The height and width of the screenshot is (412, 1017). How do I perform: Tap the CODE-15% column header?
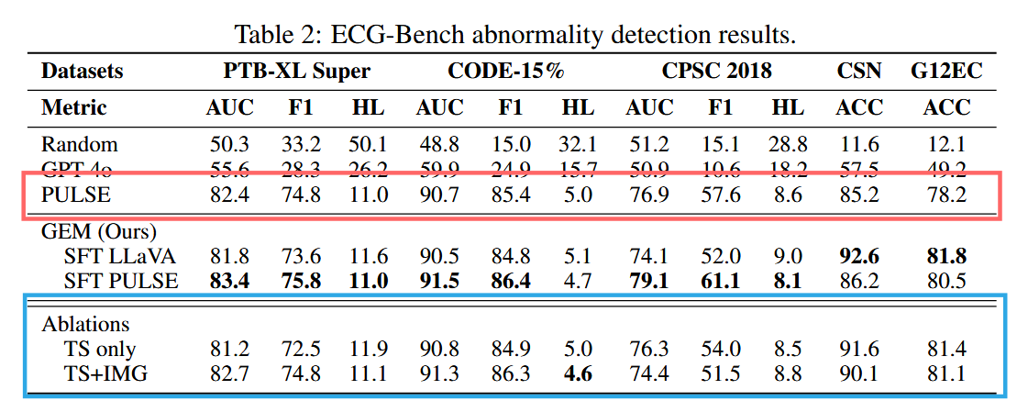click(x=505, y=71)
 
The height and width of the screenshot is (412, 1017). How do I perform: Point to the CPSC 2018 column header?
click(x=716, y=71)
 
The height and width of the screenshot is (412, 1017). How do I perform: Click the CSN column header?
click(x=859, y=71)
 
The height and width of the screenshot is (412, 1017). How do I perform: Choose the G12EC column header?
click(x=946, y=71)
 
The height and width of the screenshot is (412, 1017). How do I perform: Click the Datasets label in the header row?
click(x=82, y=71)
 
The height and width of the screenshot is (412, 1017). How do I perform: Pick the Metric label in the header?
click(x=74, y=107)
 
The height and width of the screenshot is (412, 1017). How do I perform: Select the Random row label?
click(x=79, y=145)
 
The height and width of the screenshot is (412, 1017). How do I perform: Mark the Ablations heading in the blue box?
click(x=86, y=324)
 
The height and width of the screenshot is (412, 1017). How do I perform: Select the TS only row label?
click(x=101, y=349)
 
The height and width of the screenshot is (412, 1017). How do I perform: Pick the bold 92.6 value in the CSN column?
click(x=859, y=256)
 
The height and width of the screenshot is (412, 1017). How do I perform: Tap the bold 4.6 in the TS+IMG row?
click(x=578, y=373)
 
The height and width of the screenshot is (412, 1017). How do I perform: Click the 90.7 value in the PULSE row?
click(x=439, y=195)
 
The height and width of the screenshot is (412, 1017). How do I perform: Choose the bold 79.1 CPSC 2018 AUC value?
click(x=649, y=281)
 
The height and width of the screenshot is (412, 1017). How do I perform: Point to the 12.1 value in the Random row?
click(x=946, y=145)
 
